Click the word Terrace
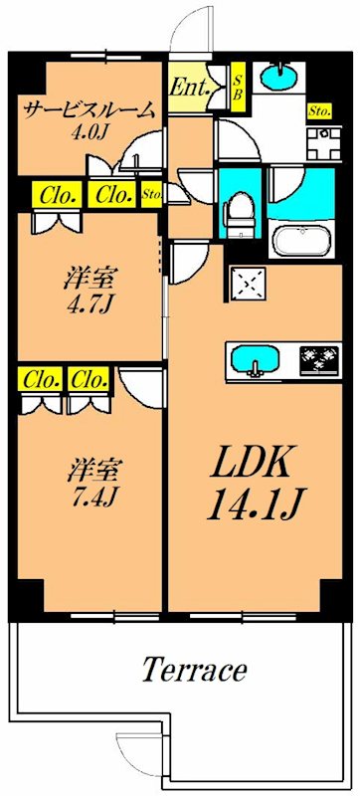click(193, 670)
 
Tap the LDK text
click(252, 464)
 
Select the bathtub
click(305, 240)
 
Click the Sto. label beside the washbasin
click(319, 110)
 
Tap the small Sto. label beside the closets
click(152, 194)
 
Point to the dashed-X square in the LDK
click(247, 284)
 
